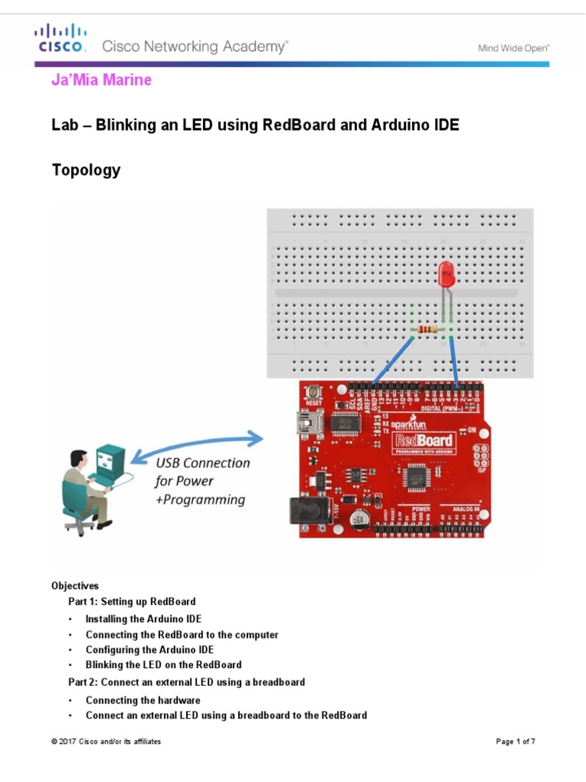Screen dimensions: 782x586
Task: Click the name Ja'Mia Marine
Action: tap(101, 80)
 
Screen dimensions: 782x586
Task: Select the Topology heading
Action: tap(85, 170)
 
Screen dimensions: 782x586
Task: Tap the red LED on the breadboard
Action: tap(447, 273)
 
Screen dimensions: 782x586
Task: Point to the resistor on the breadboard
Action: tap(429, 330)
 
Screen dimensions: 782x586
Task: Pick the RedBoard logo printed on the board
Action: tap(423, 441)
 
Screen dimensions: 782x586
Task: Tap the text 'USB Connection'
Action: tap(202, 463)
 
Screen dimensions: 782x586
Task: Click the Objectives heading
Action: tap(75, 586)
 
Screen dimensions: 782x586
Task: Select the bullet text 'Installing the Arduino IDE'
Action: tap(143, 619)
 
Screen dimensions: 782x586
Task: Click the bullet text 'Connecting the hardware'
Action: tap(143, 700)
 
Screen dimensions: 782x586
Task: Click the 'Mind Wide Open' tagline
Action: tap(514, 47)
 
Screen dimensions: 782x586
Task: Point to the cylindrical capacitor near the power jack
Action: tap(357, 520)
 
